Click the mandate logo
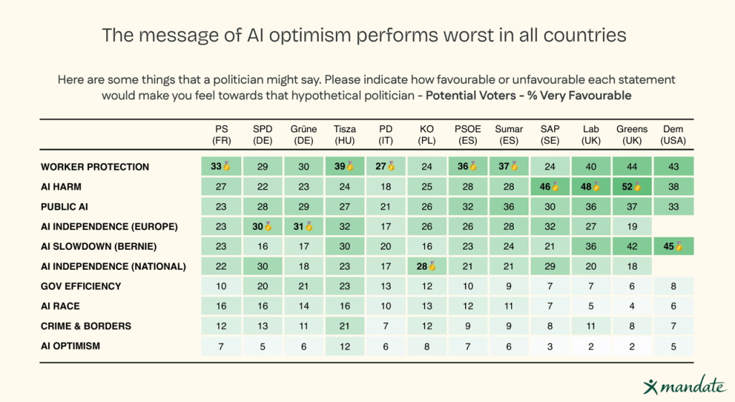[x=685, y=385]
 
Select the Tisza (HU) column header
[x=345, y=135]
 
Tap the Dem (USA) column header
[x=673, y=135]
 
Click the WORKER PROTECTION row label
[x=95, y=167]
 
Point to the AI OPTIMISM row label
[x=70, y=346]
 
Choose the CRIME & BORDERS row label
[x=86, y=326]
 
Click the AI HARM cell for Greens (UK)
[x=632, y=187]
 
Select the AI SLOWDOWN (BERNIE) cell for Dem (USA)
[x=673, y=246]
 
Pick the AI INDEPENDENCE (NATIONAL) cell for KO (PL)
[x=426, y=266]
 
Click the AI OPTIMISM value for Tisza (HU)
[x=345, y=346]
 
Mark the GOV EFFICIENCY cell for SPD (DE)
[x=263, y=286]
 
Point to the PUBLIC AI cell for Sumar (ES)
[x=509, y=207]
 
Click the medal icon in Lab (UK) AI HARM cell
[x=596, y=187]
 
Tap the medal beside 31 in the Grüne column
[x=309, y=226]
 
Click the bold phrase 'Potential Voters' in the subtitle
[x=471, y=95]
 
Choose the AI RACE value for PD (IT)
[x=385, y=306]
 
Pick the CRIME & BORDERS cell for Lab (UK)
[x=591, y=326]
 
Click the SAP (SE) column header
[x=550, y=135]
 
